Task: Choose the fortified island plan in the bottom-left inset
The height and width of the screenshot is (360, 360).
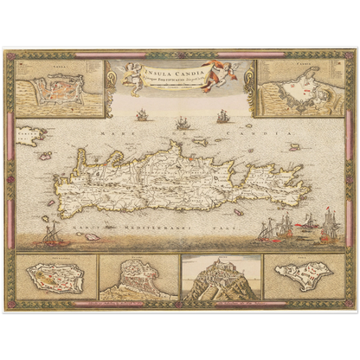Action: [53, 278]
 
